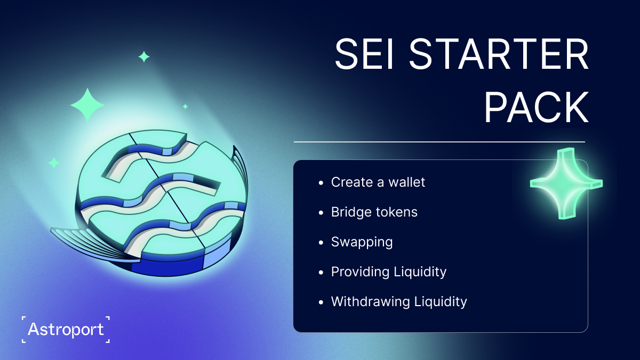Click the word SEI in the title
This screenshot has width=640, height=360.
tap(364, 54)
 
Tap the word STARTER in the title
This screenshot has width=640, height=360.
tap(499, 54)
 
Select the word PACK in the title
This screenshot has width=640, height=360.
tap(537, 107)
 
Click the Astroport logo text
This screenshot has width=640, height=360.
tap(66, 330)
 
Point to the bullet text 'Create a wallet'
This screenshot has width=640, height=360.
tap(378, 182)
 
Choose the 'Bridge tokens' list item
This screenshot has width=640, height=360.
tap(374, 212)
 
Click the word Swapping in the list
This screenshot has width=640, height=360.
tap(362, 242)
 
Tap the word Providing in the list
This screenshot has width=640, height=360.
tap(360, 271)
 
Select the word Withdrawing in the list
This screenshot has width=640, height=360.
tap(370, 302)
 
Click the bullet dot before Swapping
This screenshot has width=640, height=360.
tap(321, 243)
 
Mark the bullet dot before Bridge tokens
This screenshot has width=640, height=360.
tap(321, 213)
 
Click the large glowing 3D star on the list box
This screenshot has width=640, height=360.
tap(566, 183)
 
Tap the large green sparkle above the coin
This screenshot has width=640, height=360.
tap(87, 105)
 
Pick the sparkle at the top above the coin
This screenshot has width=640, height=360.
tap(144, 57)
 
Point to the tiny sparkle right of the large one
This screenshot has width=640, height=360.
tap(186, 107)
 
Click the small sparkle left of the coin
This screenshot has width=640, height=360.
tap(54, 163)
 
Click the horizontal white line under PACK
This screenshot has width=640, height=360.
tap(439, 142)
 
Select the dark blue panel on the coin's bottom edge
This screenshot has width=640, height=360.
tap(167, 267)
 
